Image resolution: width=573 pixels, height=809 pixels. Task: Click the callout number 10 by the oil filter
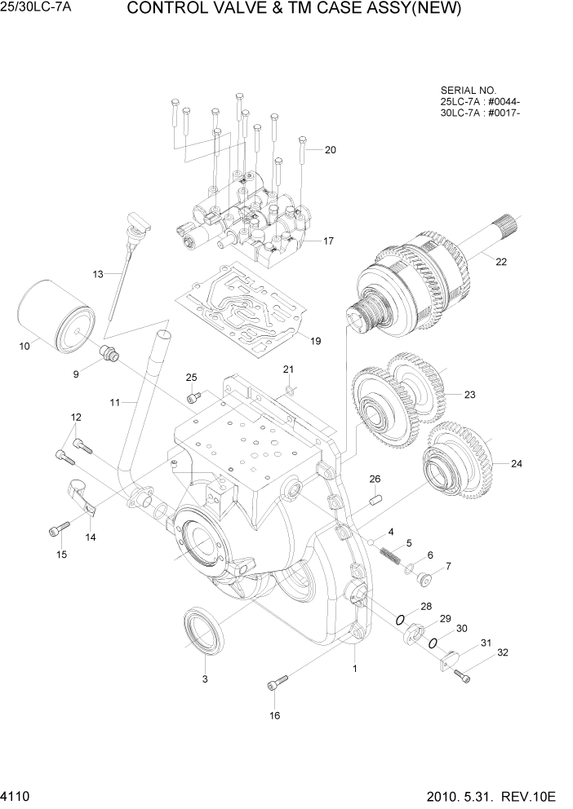24,346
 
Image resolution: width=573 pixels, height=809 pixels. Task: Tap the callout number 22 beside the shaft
501,261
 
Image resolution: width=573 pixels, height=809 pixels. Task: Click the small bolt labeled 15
57,530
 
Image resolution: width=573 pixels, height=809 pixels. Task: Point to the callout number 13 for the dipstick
98,274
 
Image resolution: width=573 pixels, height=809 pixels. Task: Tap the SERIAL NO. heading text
468,90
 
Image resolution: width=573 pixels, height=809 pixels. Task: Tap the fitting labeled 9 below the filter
109,353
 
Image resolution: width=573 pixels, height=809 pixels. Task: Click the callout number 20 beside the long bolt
330,149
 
